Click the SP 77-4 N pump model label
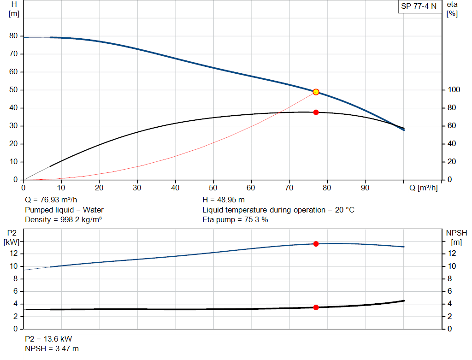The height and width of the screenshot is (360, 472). (419, 6)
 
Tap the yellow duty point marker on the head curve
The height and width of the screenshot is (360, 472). (316, 92)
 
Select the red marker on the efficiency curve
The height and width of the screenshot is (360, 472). (316, 112)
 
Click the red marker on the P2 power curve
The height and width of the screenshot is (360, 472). (316, 244)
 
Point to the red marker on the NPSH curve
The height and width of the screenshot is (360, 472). (316, 307)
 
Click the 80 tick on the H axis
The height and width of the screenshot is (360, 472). (13, 36)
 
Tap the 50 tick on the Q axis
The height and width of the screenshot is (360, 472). (213, 188)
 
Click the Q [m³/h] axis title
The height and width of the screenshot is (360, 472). (423, 188)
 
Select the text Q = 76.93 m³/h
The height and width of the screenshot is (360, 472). (51, 200)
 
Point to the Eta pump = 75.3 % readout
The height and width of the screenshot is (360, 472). (235, 219)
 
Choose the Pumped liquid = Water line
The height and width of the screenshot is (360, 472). (64, 210)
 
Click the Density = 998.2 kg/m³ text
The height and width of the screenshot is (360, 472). (63, 219)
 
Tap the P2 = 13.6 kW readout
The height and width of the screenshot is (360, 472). (48, 339)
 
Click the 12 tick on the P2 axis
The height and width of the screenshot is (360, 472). (14, 254)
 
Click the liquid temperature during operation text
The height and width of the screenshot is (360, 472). (278, 210)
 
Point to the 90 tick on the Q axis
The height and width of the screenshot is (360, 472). (366, 188)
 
